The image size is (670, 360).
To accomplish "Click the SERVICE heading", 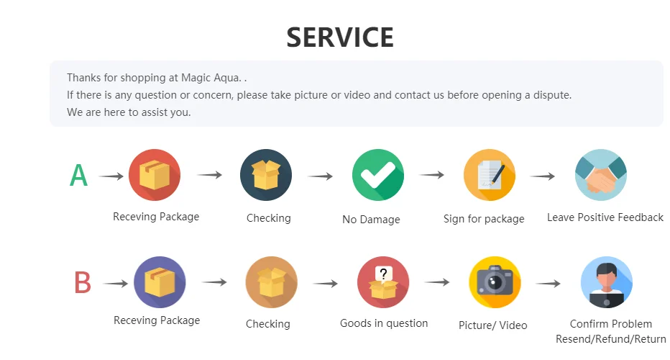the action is pos(340,37).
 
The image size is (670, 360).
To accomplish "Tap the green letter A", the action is pos(79,176).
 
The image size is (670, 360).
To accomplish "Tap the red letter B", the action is pos(83,283).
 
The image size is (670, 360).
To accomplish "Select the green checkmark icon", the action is pos(378,175).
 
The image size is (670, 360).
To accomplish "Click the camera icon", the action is pos(495,282).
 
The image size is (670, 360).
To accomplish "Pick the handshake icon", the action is pos(601,175).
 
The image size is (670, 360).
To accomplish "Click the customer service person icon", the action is pos(606,282).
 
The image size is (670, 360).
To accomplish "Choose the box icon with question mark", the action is pos(383,282).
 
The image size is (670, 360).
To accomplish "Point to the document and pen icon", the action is pos(490,175).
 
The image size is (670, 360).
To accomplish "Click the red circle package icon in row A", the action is pos(155,175).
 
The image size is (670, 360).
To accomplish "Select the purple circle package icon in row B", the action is pos(160,282).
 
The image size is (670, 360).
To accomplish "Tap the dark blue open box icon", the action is pos(266,175).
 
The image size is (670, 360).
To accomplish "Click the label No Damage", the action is pos(371,219).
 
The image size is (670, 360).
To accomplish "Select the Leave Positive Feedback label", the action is pos(605,217).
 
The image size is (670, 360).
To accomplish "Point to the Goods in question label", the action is pos(384,323).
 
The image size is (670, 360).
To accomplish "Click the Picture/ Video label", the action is pos(492,325).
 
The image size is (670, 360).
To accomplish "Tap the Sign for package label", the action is pos(484,218).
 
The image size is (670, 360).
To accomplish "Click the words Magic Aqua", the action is pos(214,77).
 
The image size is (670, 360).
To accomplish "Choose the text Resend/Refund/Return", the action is pos(610,339).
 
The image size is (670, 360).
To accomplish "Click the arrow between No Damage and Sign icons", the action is pos(432,175).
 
